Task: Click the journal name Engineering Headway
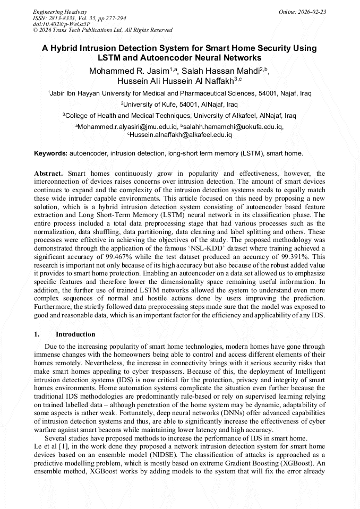coord(60,12)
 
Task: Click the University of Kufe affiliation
coord(179,104)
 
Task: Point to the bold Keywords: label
coord(51,153)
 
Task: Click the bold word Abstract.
coord(49,174)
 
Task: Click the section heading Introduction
coord(75,334)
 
